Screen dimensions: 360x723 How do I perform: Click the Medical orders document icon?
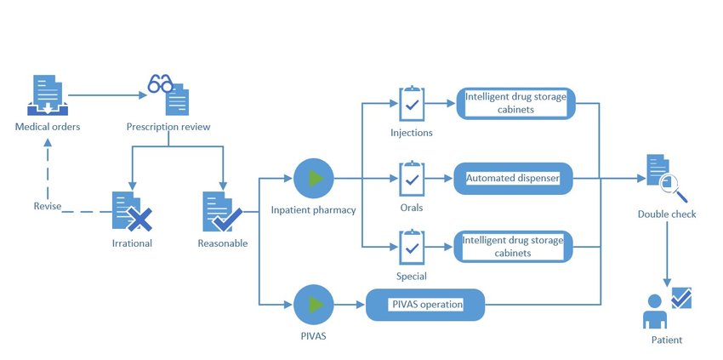click(x=48, y=95)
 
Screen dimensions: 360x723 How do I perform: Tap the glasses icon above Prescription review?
click(x=160, y=84)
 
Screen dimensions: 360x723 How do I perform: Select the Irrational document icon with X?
click(x=129, y=211)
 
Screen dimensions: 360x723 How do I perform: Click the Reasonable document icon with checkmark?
click(x=221, y=211)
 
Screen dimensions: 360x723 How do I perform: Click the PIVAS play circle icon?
click(x=314, y=305)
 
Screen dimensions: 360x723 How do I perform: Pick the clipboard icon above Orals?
click(x=412, y=179)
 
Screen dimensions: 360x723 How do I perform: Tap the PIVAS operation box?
click(x=426, y=305)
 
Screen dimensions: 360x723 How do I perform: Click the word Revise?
click(x=47, y=207)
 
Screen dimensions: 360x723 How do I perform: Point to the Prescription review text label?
click(x=168, y=128)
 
